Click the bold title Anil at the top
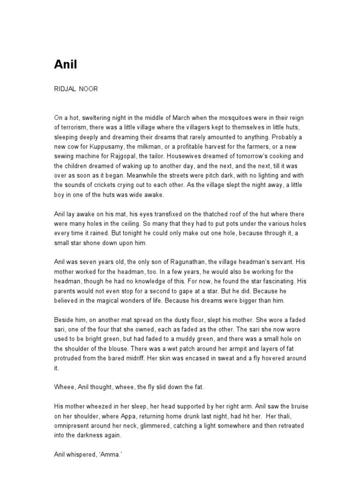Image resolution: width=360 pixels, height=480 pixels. click(66, 65)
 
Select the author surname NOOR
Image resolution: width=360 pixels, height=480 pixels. click(89, 89)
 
